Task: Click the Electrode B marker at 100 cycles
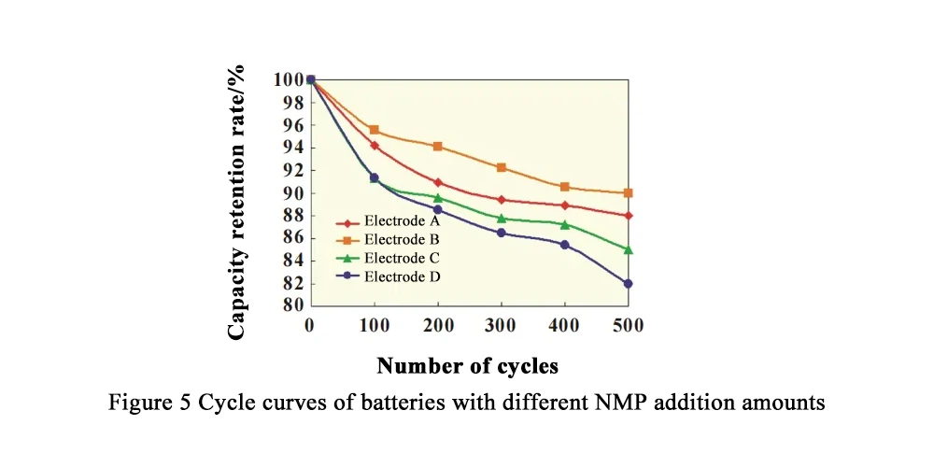(374, 130)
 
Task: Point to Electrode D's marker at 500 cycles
(628, 283)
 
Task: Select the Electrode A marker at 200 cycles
(437, 182)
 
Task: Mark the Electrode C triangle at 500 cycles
(628, 249)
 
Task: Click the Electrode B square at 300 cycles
(501, 167)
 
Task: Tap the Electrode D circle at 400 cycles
(564, 245)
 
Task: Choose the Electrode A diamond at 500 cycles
(628, 216)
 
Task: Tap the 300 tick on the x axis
(501, 325)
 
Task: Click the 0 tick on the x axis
(310, 325)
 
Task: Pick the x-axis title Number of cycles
(467, 365)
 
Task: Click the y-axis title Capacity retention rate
(237, 202)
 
